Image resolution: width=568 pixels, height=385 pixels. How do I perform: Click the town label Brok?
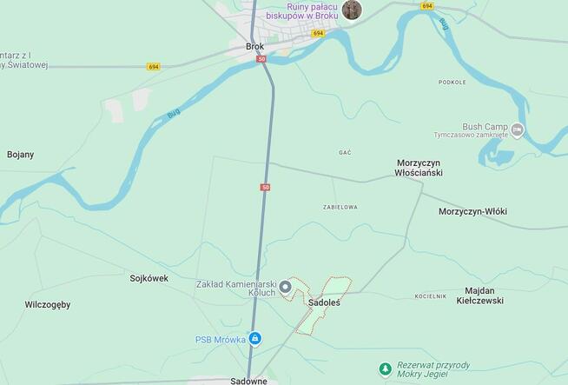[x=254, y=47]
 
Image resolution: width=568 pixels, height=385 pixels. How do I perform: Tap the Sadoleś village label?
[x=324, y=302]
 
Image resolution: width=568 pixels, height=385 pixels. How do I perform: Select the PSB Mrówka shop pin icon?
[x=254, y=338]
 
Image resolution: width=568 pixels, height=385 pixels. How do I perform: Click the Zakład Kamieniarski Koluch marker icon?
[x=285, y=286]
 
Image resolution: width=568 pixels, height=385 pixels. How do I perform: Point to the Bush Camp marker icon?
[x=518, y=130]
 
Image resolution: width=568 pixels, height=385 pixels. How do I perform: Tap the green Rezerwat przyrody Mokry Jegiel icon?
[x=385, y=369]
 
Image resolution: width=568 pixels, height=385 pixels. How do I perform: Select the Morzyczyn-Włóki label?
[x=472, y=211]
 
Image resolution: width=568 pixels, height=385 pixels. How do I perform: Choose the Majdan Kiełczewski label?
[x=479, y=295]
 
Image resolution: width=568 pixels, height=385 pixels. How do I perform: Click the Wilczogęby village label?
[x=48, y=305]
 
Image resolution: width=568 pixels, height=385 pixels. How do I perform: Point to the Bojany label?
[x=20, y=155]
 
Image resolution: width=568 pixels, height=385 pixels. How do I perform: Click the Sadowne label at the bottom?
[x=249, y=381]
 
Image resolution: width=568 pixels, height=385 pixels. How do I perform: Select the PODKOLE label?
[x=452, y=83]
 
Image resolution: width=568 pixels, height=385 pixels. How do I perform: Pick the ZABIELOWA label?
[x=340, y=207]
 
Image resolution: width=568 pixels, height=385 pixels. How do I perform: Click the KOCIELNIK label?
[x=430, y=296]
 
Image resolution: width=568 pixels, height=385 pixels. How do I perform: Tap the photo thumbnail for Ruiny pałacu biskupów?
[x=352, y=10]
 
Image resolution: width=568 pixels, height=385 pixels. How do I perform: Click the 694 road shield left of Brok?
[x=154, y=66]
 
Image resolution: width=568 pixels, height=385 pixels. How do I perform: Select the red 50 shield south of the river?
[x=265, y=187]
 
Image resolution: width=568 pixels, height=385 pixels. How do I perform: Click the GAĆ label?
[x=345, y=152]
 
